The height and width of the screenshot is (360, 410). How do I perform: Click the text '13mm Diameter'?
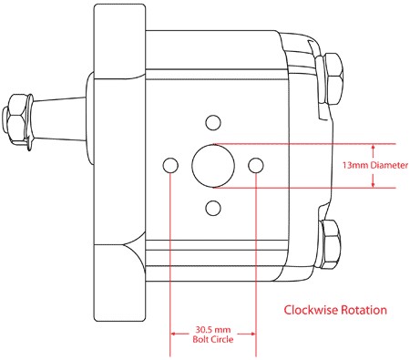(x=375, y=165)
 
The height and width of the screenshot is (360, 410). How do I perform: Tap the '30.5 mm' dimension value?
(x=213, y=329)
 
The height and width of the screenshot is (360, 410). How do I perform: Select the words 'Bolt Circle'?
(x=213, y=339)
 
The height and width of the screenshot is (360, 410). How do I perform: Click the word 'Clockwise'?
(x=311, y=310)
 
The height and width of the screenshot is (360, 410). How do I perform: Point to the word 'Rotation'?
(x=364, y=310)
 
